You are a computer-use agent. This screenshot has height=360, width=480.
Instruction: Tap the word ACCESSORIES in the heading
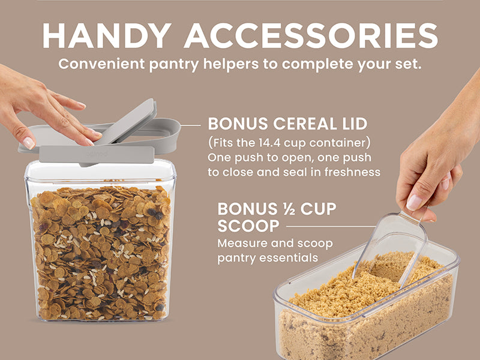[x=311, y=35]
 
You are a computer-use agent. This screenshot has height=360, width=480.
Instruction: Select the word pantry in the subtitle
[x=174, y=65]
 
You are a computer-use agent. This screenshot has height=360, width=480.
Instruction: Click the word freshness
[x=352, y=172]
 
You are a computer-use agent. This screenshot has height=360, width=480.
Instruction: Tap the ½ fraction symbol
[x=288, y=209]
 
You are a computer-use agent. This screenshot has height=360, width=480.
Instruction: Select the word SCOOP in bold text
[x=248, y=226]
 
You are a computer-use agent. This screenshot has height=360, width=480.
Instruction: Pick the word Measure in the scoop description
[x=242, y=244]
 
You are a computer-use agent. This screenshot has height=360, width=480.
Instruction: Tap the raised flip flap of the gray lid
[x=127, y=122]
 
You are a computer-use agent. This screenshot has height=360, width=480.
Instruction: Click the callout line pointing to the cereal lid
[x=190, y=125]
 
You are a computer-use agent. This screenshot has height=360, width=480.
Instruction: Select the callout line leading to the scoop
[x=331, y=227]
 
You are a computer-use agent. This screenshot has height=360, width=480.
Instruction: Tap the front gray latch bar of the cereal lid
[x=97, y=154]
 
